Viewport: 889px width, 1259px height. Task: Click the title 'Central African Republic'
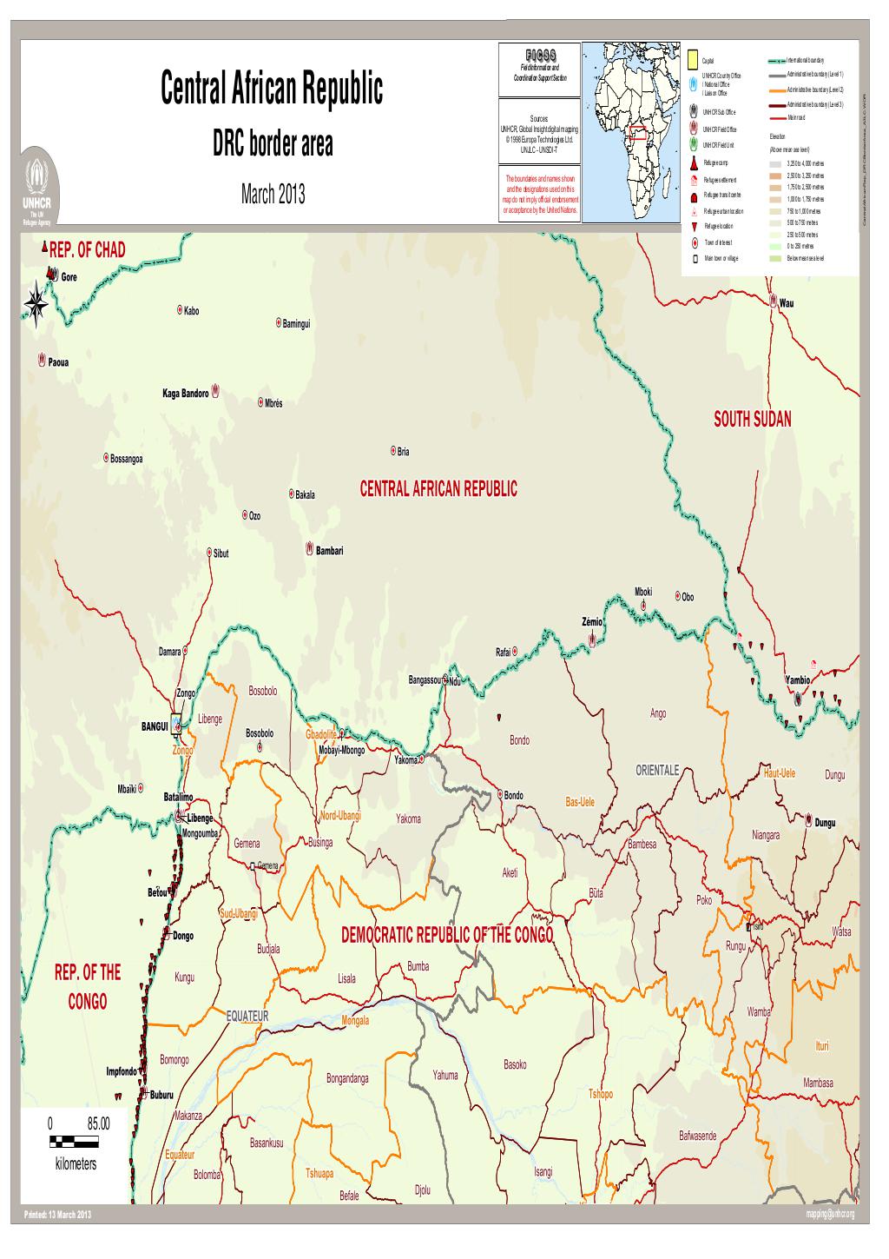[x=271, y=89]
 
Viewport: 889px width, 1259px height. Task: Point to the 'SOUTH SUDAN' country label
[x=752, y=420]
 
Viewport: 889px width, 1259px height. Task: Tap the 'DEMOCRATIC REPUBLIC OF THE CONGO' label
[x=447, y=935]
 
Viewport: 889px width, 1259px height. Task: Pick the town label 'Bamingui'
[x=296, y=324]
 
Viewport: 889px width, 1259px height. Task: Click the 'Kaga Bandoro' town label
[x=185, y=394]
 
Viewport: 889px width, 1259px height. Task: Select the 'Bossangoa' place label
[x=126, y=459]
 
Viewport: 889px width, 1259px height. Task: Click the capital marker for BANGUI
[x=176, y=721]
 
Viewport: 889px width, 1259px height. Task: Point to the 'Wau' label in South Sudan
[x=787, y=304]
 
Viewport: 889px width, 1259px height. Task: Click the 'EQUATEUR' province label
[x=248, y=1016]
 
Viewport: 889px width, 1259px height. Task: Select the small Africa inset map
[x=631, y=132]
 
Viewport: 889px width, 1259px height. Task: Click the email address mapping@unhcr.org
[x=830, y=1214]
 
